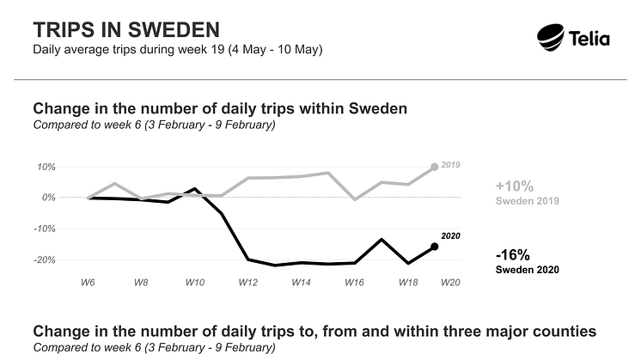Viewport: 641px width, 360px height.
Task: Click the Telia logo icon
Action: [552, 37]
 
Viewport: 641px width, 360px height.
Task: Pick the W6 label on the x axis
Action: [88, 282]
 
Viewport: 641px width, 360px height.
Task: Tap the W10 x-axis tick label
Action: [194, 282]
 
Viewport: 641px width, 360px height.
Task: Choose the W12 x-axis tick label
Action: [248, 282]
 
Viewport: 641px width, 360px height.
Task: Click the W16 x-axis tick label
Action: [355, 282]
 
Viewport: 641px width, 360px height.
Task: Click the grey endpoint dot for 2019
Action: [435, 167]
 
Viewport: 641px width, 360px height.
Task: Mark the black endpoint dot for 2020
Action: [435, 247]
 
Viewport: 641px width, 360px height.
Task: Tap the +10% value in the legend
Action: [514, 186]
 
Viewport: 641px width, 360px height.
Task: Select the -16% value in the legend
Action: [513, 254]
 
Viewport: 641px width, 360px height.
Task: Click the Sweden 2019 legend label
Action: [528, 202]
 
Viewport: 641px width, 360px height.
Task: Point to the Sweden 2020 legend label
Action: [528, 270]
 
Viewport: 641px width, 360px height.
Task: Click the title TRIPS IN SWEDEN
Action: [120, 30]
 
